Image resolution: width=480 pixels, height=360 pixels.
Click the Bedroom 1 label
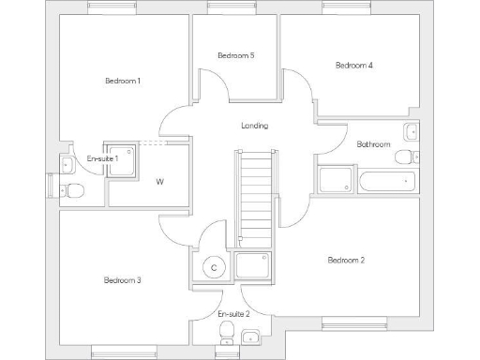point(123,81)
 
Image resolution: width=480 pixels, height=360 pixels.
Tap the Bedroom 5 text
point(235,56)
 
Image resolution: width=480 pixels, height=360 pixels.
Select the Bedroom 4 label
point(354,66)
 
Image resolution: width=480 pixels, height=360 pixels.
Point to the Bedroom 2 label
point(346,260)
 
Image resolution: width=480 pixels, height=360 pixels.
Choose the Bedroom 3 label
point(123,280)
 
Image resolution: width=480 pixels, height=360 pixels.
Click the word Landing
point(254,126)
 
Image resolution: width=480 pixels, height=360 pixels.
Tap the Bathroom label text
point(373,144)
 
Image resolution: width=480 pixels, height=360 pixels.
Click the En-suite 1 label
point(103,159)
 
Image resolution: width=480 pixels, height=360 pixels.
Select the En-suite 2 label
point(233,313)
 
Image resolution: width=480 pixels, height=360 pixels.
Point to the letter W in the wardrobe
point(160,181)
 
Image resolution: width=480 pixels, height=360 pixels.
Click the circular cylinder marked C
point(215,268)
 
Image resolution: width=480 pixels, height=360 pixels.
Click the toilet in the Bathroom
point(405,157)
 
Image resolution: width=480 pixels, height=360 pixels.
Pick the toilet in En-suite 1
point(73,192)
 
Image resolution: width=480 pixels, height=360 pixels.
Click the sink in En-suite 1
point(67,166)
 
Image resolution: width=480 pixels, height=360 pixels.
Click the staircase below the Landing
point(255,192)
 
